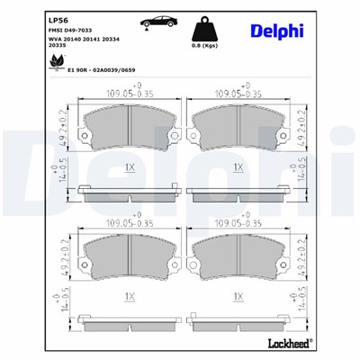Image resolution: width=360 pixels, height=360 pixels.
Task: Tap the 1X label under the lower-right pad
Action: coord(238,296)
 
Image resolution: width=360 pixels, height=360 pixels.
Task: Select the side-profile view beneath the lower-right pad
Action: coord(235,319)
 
